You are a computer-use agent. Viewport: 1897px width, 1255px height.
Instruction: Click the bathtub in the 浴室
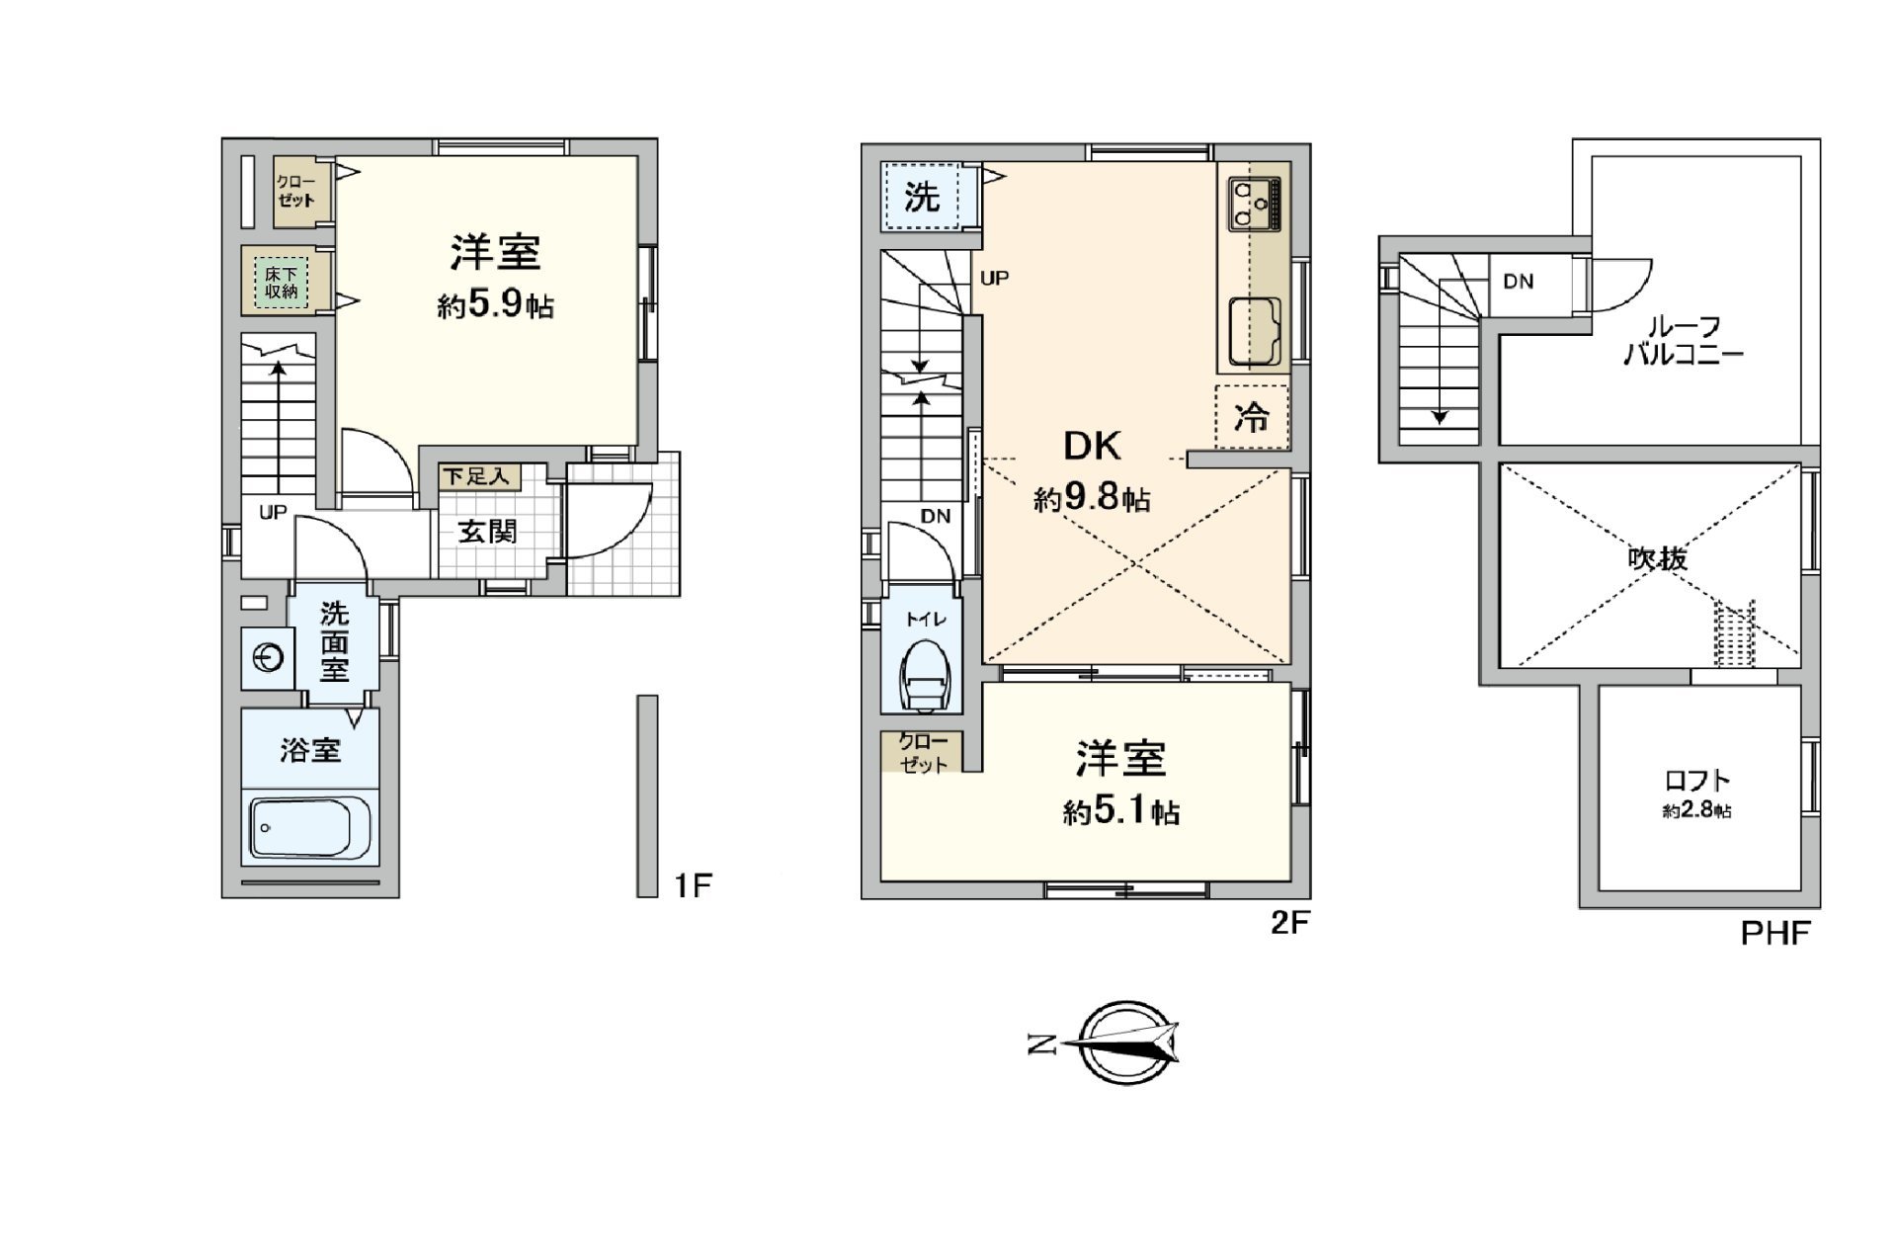[310, 827]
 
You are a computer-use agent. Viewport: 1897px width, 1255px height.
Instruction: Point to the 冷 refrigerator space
[1251, 418]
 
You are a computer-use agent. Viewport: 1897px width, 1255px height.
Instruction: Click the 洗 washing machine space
[922, 197]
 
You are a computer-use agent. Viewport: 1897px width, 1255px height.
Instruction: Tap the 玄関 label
[487, 532]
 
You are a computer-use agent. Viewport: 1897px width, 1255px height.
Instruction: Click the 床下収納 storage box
[281, 282]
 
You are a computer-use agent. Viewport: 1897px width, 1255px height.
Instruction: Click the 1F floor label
[693, 885]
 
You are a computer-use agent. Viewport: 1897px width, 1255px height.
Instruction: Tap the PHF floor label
[1774, 933]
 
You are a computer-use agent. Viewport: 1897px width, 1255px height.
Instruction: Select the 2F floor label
[1289, 923]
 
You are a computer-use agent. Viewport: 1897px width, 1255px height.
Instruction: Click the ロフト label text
[1697, 781]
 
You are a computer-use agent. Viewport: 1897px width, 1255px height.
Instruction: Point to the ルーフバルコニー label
[1684, 341]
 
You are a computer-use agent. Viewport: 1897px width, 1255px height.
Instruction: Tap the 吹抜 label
[1657, 559]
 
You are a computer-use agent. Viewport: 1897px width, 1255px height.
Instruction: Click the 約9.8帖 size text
[1092, 498]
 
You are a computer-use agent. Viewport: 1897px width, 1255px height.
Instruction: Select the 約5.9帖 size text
[495, 305]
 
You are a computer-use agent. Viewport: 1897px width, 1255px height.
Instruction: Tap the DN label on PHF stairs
[1518, 282]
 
